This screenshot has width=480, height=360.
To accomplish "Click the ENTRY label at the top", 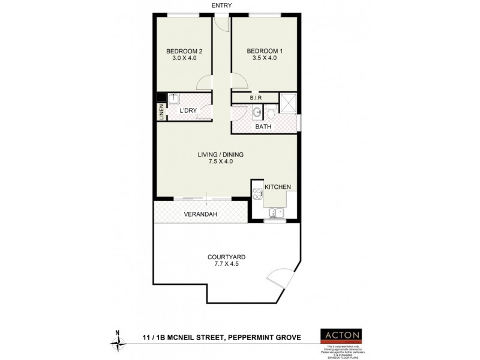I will [221, 5].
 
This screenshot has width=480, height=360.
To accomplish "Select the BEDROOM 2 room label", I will [184, 51].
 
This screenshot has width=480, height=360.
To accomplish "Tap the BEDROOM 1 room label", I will [265, 51].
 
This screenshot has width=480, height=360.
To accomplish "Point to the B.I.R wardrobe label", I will [255, 98].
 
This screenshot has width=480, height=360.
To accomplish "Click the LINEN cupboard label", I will [161, 112].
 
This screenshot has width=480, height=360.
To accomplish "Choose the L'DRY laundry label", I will [188, 111].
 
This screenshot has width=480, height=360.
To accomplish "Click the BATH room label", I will [263, 127].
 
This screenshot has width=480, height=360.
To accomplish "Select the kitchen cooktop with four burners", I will [257, 193].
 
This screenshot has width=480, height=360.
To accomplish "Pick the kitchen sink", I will [277, 212].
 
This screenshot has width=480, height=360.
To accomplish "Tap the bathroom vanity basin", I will [257, 112].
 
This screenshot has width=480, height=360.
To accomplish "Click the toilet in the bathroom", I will [271, 112].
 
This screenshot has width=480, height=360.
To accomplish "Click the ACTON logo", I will [343, 335].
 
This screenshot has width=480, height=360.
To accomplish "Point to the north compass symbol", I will [118, 341].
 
